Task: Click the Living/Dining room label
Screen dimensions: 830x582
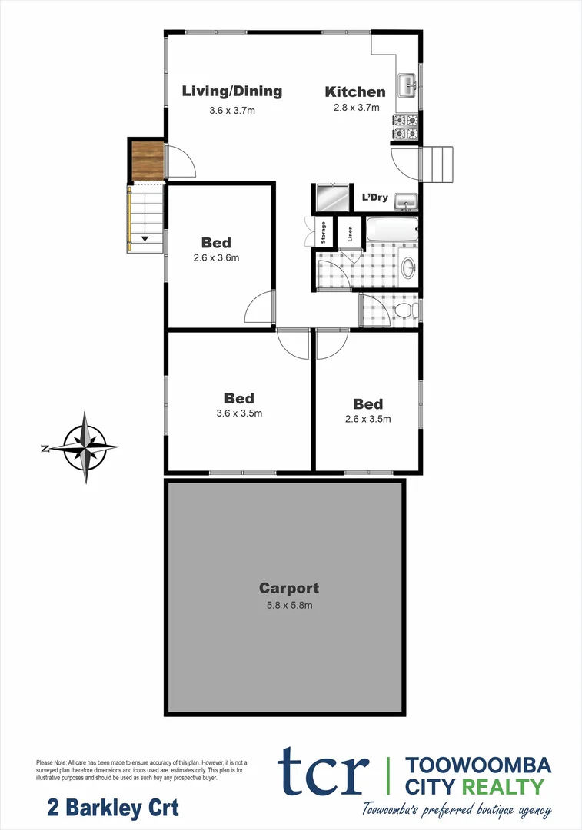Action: (231, 91)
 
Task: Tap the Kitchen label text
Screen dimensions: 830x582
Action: (355, 92)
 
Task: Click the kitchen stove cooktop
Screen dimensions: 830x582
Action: (405, 127)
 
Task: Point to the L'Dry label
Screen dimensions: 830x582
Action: (374, 198)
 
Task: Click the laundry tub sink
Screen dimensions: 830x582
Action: (404, 201)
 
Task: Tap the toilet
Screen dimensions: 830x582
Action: (405, 310)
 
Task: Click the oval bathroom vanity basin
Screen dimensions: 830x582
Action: (408, 267)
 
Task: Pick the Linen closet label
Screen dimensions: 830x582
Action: (351, 232)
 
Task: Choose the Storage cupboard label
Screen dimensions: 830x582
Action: (324, 233)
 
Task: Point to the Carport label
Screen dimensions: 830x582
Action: (288, 589)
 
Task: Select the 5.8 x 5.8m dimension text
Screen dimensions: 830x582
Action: (288, 606)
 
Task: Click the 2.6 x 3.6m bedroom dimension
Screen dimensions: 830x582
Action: (216, 258)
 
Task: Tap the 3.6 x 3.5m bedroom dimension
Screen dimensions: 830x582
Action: (240, 413)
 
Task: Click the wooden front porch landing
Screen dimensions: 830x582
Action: (146, 161)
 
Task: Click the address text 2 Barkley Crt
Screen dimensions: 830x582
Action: (113, 808)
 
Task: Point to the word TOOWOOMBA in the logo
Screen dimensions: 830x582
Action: (477, 765)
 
